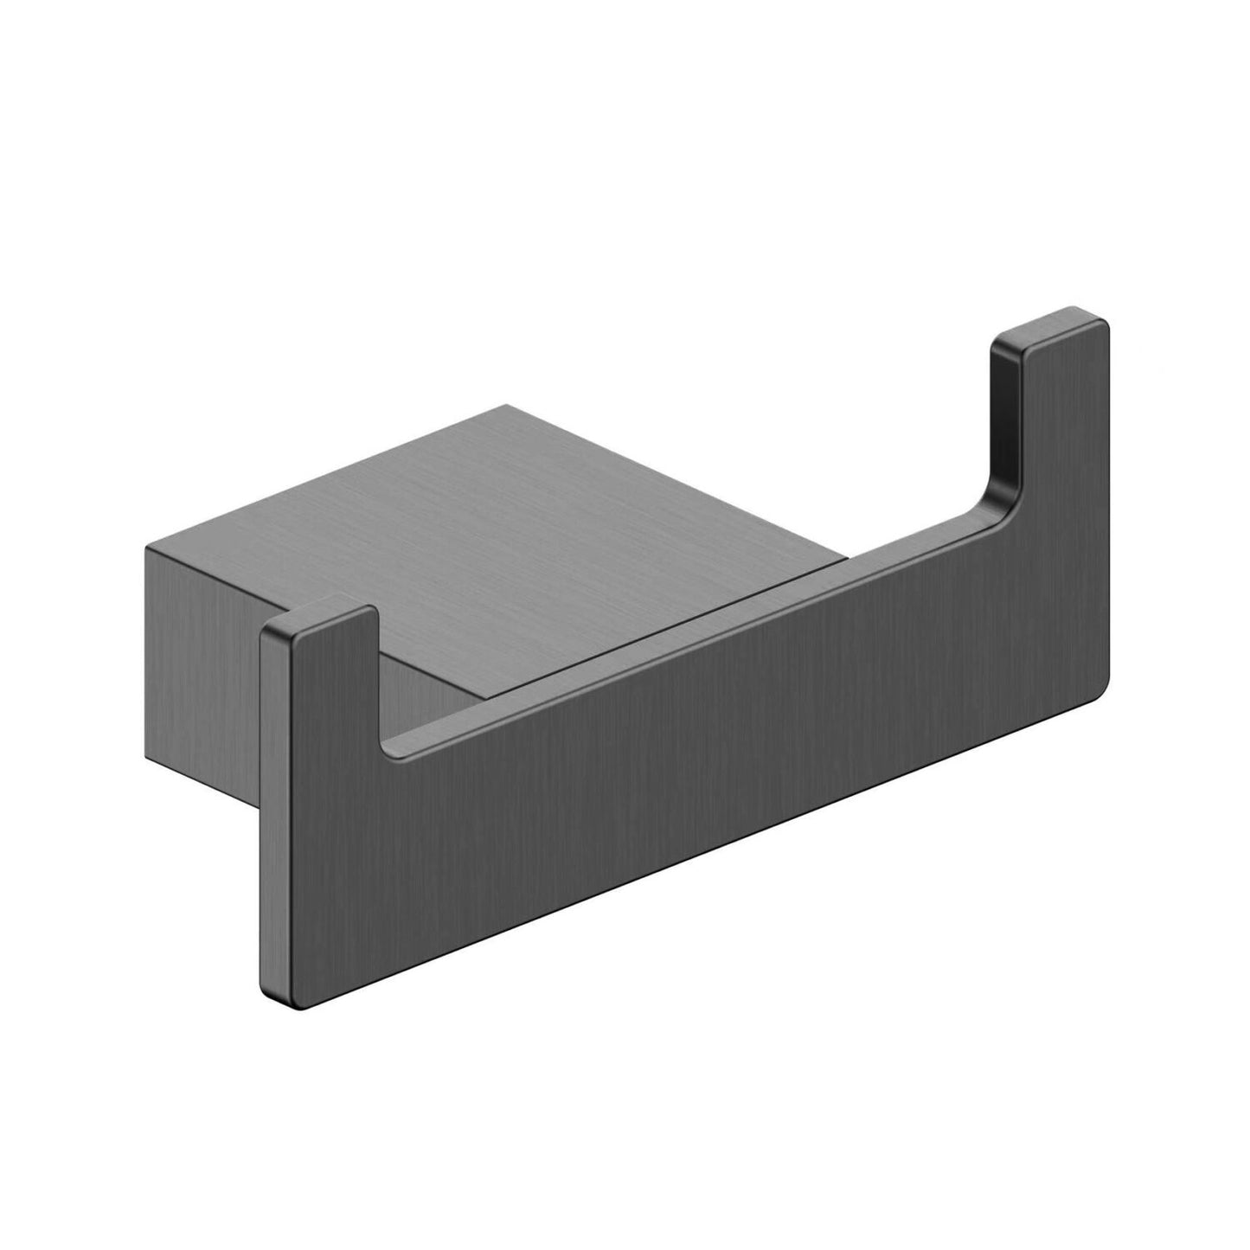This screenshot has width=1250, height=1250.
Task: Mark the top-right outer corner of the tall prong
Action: (1105, 327)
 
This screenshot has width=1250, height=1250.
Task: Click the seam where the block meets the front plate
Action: (753, 597)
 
